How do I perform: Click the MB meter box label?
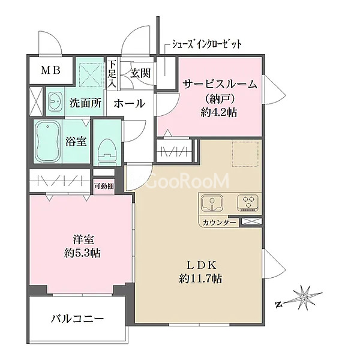(x=51, y=70)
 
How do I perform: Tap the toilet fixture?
(x=107, y=152)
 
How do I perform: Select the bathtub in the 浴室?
(x=47, y=141)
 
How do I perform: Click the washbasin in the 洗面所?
(x=55, y=102)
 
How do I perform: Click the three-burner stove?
(x=249, y=203)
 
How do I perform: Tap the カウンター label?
(x=219, y=223)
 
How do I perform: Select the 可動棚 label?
(x=104, y=186)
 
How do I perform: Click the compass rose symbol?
(x=302, y=298)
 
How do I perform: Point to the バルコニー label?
(x=77, y=319)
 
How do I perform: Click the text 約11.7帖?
(x=200, y=279)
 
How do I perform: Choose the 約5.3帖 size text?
(x=82, y=253)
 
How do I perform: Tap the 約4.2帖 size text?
(x=218, y=113)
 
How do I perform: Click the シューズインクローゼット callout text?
(x=207, y=44)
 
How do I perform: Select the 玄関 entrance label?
(x=140, y=73)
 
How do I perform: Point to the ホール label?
(x=130, y=103)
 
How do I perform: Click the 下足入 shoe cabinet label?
(x=112, y=74)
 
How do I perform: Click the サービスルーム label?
(x=220, y=85)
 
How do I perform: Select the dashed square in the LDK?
(x=245, y=154)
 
